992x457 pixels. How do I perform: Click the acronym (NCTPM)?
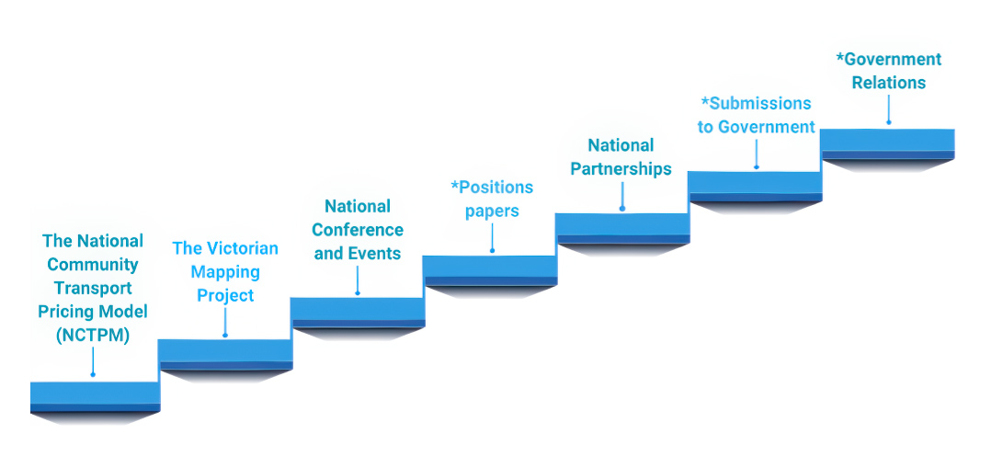[x=93, y=336]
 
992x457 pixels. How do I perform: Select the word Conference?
[x=358, y=230]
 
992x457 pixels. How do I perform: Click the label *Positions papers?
[x=492, y=199]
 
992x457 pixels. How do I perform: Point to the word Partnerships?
[x=621, y=168]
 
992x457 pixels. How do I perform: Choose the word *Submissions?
[x=756, y=103]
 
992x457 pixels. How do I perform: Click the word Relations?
[x=888, y=83]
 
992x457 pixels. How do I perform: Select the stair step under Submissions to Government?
[x=754, y=182]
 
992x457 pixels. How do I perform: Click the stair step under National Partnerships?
[x=621, y=224]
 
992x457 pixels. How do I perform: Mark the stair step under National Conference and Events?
[x=358, y=309]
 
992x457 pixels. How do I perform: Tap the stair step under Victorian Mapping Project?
[x=225, y=351]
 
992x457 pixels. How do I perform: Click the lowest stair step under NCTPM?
[x=94, y=394]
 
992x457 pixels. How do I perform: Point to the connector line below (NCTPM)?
[x=93, y=360]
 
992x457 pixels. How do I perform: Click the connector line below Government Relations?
[x=888, y=109]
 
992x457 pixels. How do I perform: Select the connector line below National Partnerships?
[x=621, y=195]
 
